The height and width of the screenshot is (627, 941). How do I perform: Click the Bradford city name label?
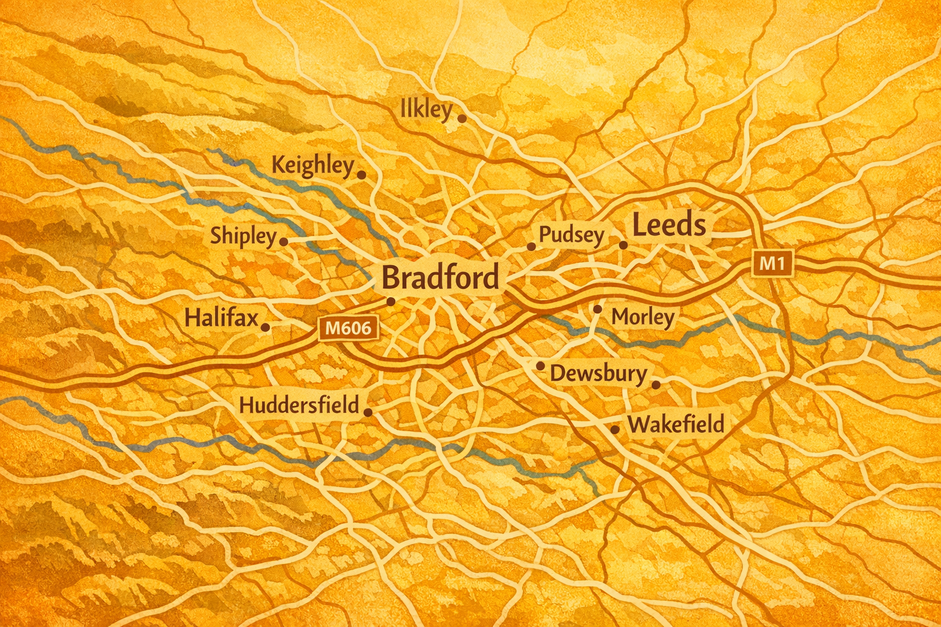click(x=440, y=278)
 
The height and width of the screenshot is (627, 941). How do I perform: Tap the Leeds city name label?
click(x=668, y=225)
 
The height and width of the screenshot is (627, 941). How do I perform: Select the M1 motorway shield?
click(x=771, y=264)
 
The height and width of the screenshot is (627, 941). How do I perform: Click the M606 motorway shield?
click(x=348, y=329)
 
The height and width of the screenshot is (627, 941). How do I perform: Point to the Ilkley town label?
click(x=426, y=110)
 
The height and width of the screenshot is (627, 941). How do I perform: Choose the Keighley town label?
click(x=312, y=166)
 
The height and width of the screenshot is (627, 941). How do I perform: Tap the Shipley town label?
click(x=243, y=236)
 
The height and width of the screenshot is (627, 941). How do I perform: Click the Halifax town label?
click(x=221, y=318)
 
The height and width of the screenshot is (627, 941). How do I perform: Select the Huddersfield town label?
click(x=299, y=405)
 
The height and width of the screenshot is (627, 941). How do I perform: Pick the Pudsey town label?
click(x=572, y=235)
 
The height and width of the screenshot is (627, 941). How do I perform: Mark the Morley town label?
click(x=643, y=317)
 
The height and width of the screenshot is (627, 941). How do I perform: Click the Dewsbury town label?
click(x=598, y=374)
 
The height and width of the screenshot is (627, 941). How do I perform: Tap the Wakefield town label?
click(x=676, y=424)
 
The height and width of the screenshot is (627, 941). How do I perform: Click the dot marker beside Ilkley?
click(x=462, y=118)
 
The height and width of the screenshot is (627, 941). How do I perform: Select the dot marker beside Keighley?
click(x=361, y=175)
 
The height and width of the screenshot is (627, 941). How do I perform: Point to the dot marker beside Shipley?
click(x=284, y=242)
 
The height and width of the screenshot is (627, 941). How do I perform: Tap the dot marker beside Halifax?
click(x=265, y=328)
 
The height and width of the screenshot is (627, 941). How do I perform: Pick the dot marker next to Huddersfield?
click(x=368, y=412)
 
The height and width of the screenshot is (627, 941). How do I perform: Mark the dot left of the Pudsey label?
click(x=531, y=247)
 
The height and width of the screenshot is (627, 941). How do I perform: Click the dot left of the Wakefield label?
click(x=614, y=430)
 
